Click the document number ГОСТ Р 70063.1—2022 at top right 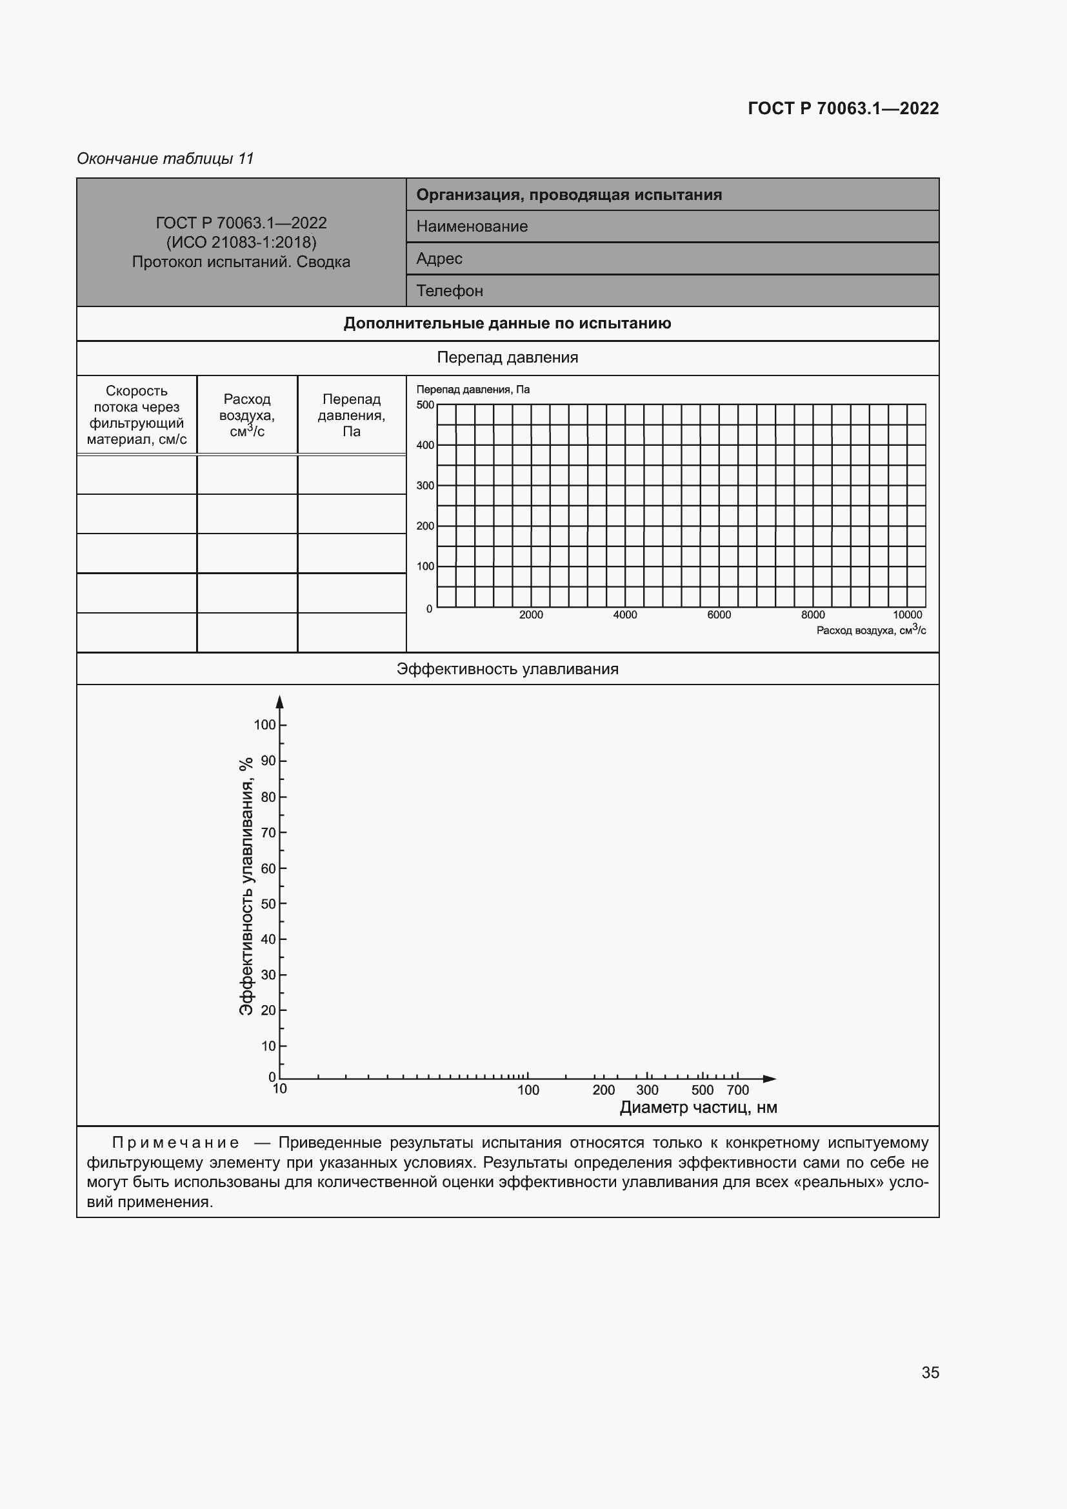[x=843, y=108]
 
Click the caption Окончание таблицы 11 [x=165, y=159]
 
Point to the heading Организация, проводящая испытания [x=568, y=195]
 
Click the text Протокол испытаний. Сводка [x=241, y=261]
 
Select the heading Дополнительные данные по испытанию [x=507, y=323]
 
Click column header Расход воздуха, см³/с [x=247, y=415]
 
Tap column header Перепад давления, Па [x=352, y=415]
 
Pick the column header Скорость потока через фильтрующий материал [x=137, y=415]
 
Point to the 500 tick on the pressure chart [x=425, y=405]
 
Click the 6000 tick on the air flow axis [x=719, y=615]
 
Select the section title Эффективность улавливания [x=507, y=669]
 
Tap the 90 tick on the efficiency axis [x=268, y=761]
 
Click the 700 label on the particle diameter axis [x=737, y=1090]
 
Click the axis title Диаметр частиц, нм [x=698, y=1108]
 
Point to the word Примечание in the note [x=175, y=1143]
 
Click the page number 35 [x=930, y=1372]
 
